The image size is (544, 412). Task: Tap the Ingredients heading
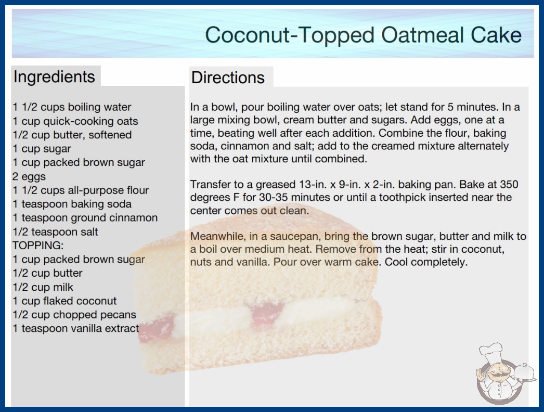tap(54, 77)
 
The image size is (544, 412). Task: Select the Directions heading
tap(228, 78)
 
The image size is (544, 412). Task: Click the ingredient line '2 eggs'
tap(29, 176)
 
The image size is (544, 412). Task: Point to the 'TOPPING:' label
tap(38, 246)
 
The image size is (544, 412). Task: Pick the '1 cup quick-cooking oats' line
tap(75, 121)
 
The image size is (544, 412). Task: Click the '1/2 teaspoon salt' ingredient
tap(55, 231)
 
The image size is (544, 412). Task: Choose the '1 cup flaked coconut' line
tap(64, 301)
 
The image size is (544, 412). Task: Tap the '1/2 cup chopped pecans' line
tap(74, 315)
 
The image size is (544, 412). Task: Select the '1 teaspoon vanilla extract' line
tap(75, 328)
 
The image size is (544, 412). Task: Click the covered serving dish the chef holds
tap(524, 372)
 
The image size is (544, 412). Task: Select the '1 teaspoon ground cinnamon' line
tap(85, 217)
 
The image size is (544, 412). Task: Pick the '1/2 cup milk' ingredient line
tap(43, 287)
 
